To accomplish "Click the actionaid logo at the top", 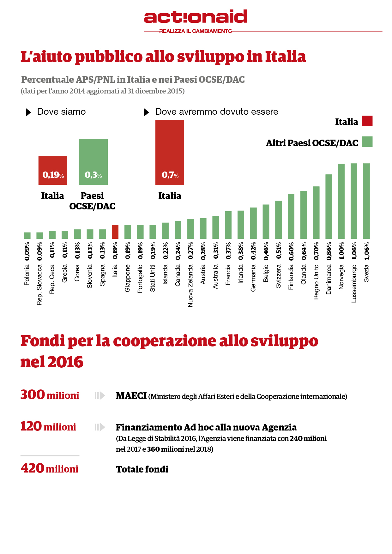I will click(x=196, y=17).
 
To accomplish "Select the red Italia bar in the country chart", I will click(x=115, y=232).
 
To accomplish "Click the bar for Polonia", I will click(x=27, y=236).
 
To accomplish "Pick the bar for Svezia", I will click(x=366, y=201).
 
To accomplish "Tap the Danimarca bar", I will click(x=329, y=206).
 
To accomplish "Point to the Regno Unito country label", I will click(x=316, y=282).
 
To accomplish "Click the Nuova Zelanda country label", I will click(x=190, y=286).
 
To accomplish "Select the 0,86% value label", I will click(x=329, y=251).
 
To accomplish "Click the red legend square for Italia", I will click(x=367, y=121).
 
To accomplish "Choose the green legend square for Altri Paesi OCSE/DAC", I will click(x=367, y=142).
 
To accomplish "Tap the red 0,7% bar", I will click(x=170, y=152).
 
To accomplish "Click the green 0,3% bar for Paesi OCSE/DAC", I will click(x=93, y=162).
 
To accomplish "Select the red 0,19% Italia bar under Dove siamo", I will click(x=53, y=171).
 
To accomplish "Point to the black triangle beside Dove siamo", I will click(x=28, y=112).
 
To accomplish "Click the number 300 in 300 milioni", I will click(x=33, y=395).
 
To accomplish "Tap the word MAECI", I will click(x=131, y=396).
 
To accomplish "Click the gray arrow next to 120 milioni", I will click(x=100, y=427).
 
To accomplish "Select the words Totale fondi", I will click(x=142, y=469).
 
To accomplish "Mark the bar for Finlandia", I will click(x=291, y=216).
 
